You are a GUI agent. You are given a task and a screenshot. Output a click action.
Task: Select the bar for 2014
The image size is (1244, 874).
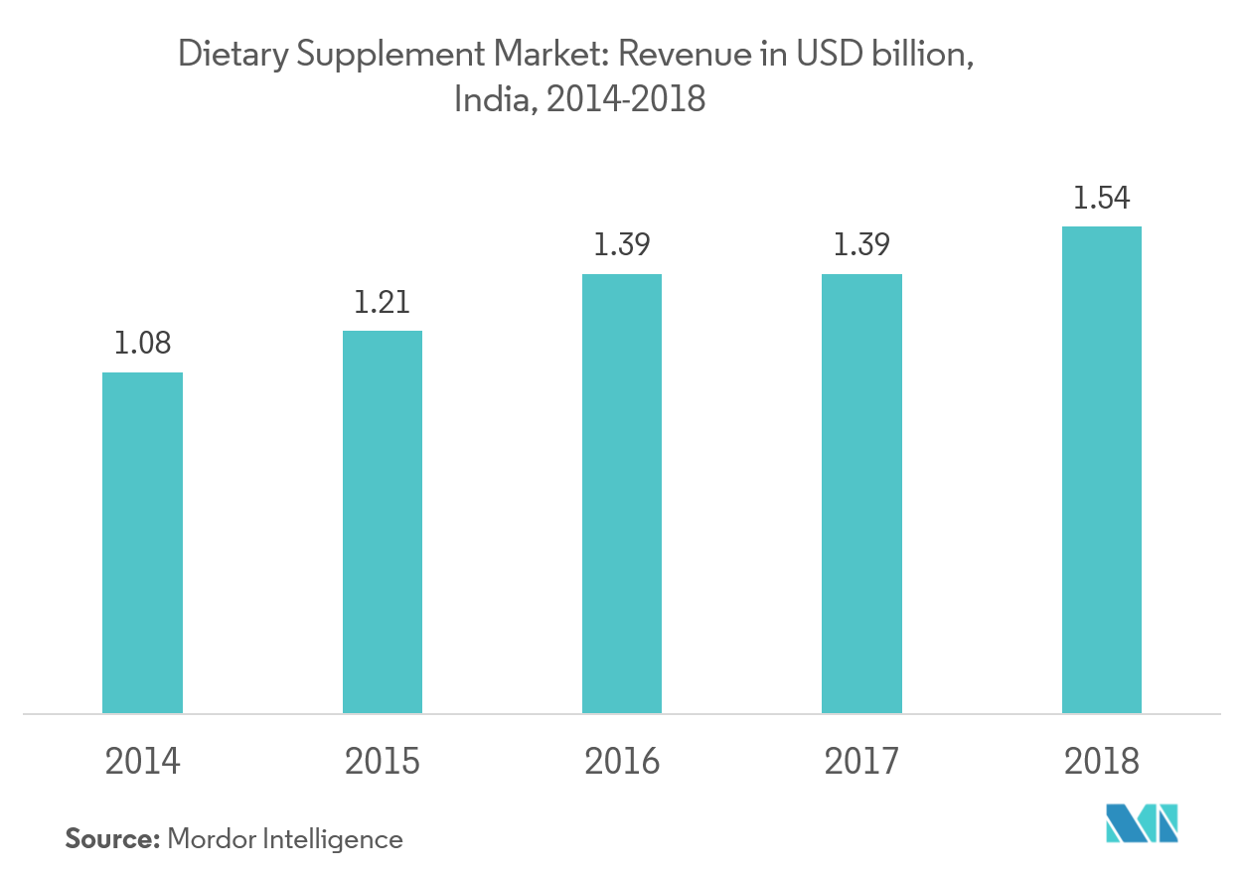coord(142,542)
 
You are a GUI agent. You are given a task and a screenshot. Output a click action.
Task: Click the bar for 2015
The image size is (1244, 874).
coord(383,521)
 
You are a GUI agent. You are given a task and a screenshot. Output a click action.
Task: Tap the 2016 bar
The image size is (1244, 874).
coord(622,493)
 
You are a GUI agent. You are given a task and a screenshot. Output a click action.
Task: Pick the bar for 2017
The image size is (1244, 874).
coord(861,493)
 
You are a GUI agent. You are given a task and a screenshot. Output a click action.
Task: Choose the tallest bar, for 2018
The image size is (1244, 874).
coord(1101,469)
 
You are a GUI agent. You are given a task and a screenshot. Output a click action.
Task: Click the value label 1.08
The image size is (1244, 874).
coord(142,344)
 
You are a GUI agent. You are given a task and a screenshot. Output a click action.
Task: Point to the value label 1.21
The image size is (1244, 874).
coord(383,302)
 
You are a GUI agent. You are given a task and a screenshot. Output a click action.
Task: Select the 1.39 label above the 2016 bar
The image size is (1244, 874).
coord(622,245)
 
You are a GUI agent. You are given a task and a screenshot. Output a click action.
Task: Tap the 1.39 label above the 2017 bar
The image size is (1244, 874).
coord(861,245)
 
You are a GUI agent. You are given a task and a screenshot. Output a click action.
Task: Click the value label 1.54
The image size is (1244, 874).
coord(1101,198)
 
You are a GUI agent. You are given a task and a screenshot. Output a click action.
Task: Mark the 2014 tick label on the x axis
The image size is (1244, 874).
coord(142,762)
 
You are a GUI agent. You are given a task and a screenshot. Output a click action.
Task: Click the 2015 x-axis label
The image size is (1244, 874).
coord(383,762)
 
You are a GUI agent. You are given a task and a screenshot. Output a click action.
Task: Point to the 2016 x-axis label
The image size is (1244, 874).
coord(622,762)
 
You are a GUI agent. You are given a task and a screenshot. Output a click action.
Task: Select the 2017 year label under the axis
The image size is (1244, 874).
coord(861,762)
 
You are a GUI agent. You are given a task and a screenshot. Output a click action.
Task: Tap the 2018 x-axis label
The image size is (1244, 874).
coord(1101,762)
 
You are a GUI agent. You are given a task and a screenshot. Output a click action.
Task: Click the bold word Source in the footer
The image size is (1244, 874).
coord(112,839)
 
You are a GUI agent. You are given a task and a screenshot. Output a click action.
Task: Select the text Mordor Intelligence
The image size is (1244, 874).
coord(285,839)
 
